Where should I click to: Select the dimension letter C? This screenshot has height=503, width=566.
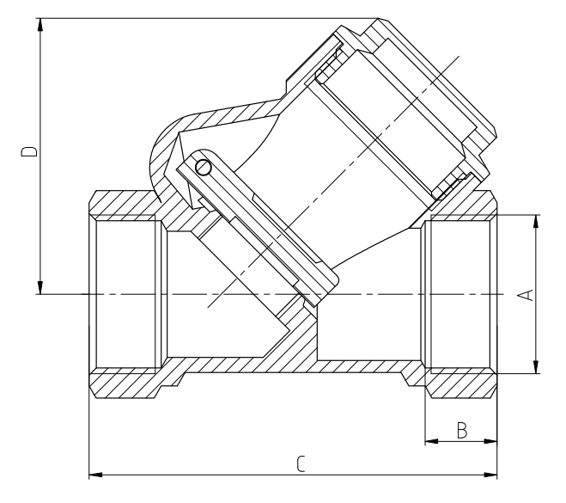click(300, 465)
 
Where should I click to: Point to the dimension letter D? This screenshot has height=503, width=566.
click(29, 152)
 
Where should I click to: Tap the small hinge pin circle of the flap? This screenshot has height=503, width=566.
click(203, 167)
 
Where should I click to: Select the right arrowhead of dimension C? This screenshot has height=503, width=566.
click(492, 474)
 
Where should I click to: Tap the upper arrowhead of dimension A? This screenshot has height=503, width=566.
click(537, 221)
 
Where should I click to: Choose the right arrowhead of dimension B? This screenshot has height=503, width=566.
click(492, 443)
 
